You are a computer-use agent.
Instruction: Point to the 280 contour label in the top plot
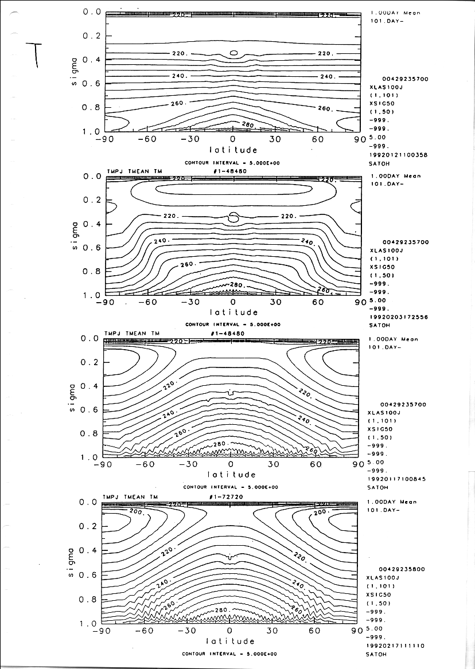[248, 125]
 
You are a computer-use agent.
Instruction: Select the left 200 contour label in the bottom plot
[136, 511]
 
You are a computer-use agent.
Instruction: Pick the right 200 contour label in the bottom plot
[320, 511]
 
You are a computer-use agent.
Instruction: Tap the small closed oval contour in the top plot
[233, 53]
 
